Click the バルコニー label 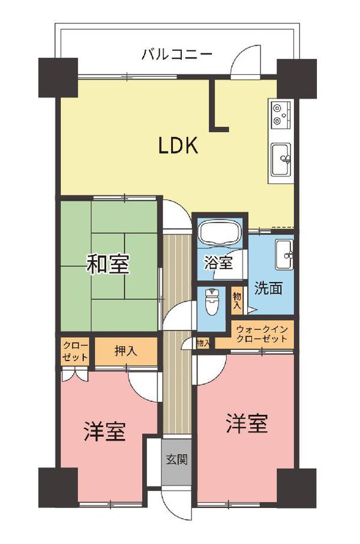coord(177,55)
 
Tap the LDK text coord(178,146)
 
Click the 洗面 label coord(268,288)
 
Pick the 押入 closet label coord(125,351)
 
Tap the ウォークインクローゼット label coord(262,335)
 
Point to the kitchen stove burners coord(281,114)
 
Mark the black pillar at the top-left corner coord(58,77)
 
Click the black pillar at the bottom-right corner coord(296,487)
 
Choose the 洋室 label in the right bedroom coord(247,424)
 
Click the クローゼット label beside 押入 coord(75,351)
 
